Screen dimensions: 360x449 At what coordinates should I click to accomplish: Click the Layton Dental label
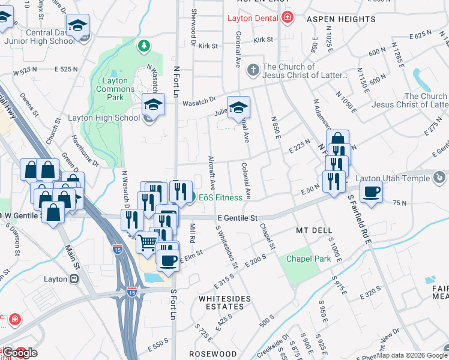[x=252, y=18]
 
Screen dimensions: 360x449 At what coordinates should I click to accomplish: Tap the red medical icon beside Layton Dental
[x=288, y=17]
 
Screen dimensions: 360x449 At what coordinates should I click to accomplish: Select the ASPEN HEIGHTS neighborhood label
[x=341, y=19]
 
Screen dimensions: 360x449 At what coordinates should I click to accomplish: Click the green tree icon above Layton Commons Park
[x=143, y=46]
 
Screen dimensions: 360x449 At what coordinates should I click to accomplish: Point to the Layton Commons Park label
[x=115, y=89]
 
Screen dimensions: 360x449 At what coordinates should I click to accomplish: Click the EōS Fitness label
[x=221, y=197]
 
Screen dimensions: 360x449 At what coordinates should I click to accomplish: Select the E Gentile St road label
[x=238, y=218]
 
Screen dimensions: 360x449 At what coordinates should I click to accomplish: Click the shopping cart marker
[x=148, y=242]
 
